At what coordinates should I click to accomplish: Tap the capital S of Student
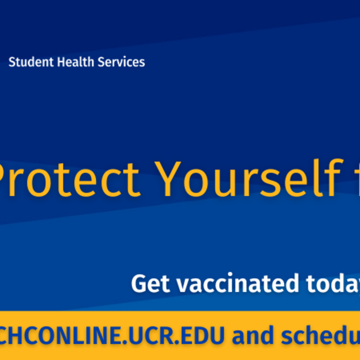pos(12,62)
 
